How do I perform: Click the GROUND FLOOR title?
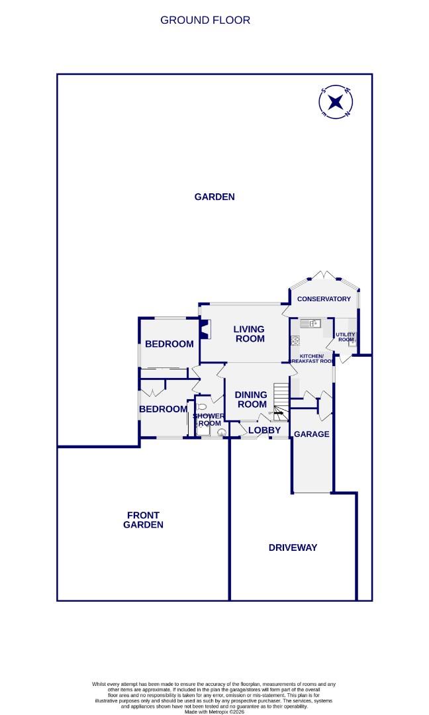point(205,20)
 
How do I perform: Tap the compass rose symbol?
point(336,103)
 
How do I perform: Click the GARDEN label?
point(215,197)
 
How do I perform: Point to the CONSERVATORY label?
point(324,299)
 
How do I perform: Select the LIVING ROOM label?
point(249,334)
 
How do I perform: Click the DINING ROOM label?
point(252,399)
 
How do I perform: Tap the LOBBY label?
point(265,430)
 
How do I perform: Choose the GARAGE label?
point(311,434)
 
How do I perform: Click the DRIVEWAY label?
point(293,548)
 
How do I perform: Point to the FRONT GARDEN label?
point(143,520)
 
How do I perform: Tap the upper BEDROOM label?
point(169,344)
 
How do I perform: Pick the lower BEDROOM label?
point(163,409)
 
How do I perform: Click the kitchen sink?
point(310,323)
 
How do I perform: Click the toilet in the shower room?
point(201,407)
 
